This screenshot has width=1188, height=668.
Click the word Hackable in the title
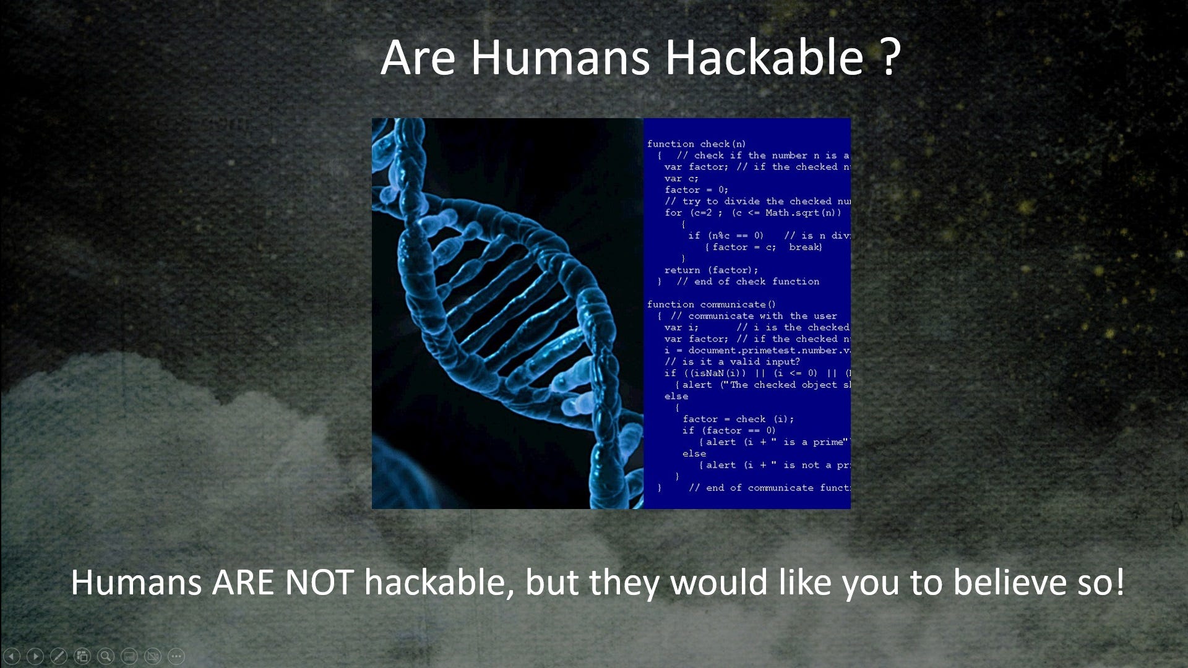tap(764, 57)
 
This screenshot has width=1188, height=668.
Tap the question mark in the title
tap(889, 57)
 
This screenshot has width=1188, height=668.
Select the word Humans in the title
tap(560, 57)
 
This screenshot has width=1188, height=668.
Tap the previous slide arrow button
tap(12, 656)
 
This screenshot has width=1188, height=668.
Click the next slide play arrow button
tap(35, 656)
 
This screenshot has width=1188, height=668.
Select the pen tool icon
tap(59, 656)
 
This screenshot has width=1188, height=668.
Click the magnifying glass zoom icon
tap(106, 656)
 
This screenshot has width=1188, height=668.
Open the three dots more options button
tap(176, 656)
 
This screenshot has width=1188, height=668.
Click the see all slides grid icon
tap(82, 656)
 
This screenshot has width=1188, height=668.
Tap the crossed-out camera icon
tap(153, 656)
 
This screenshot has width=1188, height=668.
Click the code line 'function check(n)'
tap(696, 144)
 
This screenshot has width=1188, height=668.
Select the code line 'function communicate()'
tap(711, 304)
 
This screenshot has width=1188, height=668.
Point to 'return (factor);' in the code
tap(711, 270)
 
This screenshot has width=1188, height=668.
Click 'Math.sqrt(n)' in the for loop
tap(803, 213)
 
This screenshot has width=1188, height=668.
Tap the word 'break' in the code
tap(804, 247)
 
